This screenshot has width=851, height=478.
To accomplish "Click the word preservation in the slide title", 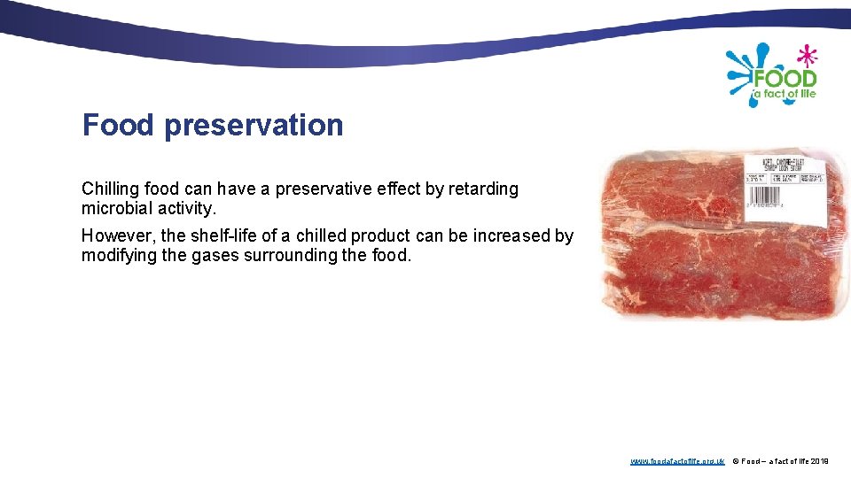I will pyautogui.click(x=254, y=126).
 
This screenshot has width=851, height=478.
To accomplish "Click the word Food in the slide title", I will pyautogui.click(x=118, y=125).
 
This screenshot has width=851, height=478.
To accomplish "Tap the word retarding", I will pyautogui.click(x=483, y=189).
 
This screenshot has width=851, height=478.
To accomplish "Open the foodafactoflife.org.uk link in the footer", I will pyautogui.click(x=677, y=461).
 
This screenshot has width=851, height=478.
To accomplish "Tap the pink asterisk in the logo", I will pyautogui.click(x=806, y=55).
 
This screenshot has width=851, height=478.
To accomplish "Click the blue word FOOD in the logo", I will pyautogui.click(x=784, y=77).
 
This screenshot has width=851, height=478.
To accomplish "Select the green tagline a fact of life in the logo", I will pyautogui.click(x=784, y=94).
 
